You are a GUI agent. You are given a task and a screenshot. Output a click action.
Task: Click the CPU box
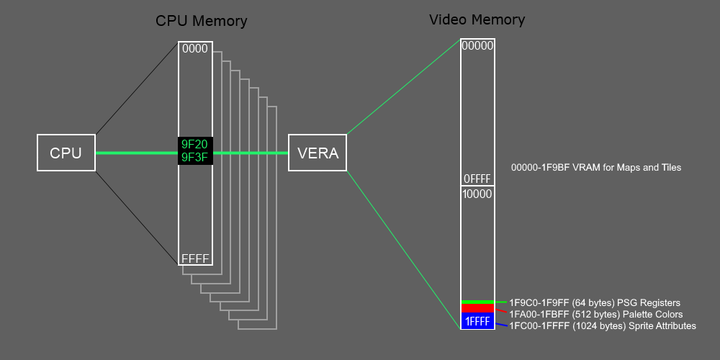66,153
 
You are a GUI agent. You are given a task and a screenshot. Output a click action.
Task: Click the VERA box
318,153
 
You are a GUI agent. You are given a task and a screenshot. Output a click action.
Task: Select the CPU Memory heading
202,21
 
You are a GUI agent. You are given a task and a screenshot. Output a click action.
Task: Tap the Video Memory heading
477,19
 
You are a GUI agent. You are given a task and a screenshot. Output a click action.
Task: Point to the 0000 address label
195,49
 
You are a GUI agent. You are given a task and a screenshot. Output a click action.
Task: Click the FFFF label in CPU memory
195,258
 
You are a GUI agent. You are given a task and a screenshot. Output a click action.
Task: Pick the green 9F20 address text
195,145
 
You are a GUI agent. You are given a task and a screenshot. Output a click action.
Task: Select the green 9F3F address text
195,158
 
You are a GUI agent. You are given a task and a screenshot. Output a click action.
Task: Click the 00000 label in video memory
477,45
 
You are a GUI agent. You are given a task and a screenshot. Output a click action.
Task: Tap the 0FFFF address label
477,179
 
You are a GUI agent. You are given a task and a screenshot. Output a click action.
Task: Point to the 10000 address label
477,194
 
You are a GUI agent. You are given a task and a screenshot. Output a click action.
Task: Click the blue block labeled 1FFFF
477,321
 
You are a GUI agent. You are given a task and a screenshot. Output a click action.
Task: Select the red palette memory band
477,308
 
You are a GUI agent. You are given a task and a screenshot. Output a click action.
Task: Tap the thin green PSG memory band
477,302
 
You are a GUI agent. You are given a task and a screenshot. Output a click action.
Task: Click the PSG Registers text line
595,302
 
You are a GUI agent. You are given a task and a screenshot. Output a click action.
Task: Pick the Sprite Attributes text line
603,326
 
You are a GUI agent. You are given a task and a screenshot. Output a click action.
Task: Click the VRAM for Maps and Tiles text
596,167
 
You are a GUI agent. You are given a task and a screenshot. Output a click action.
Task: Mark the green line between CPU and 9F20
137,153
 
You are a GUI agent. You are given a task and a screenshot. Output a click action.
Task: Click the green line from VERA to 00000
403,86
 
